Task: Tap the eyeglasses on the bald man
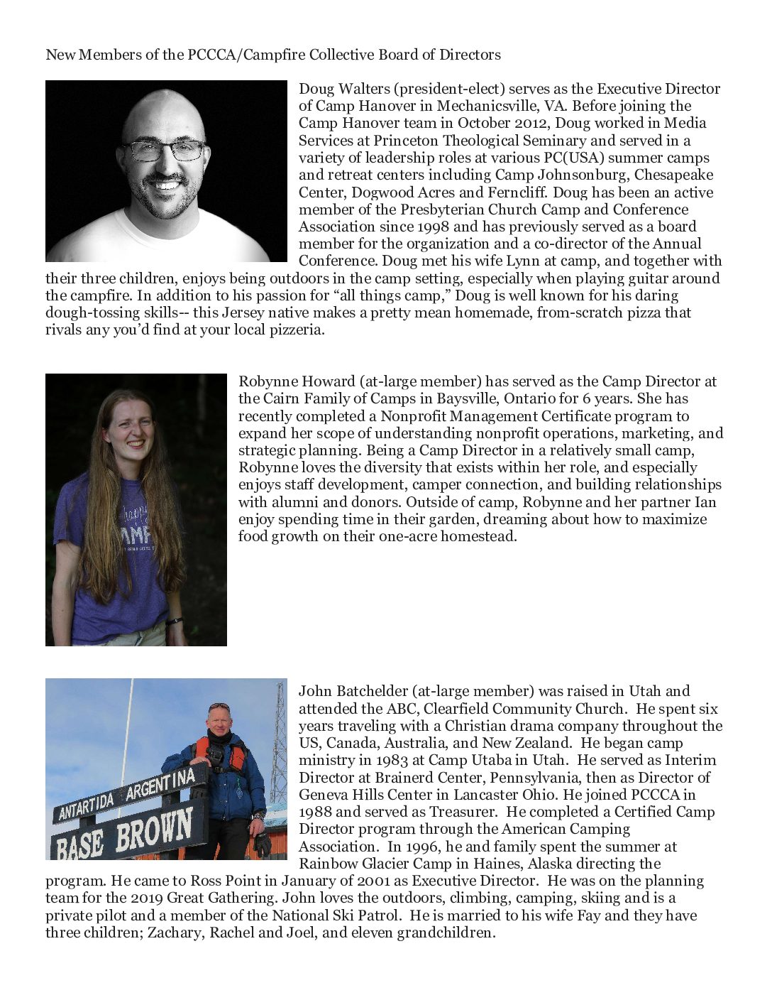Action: (x=164, y=151)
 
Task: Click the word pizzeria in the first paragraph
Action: (x=292, y=330)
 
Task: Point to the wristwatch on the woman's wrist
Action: (x=174, y=621)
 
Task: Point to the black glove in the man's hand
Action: (x=262, y=842)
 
